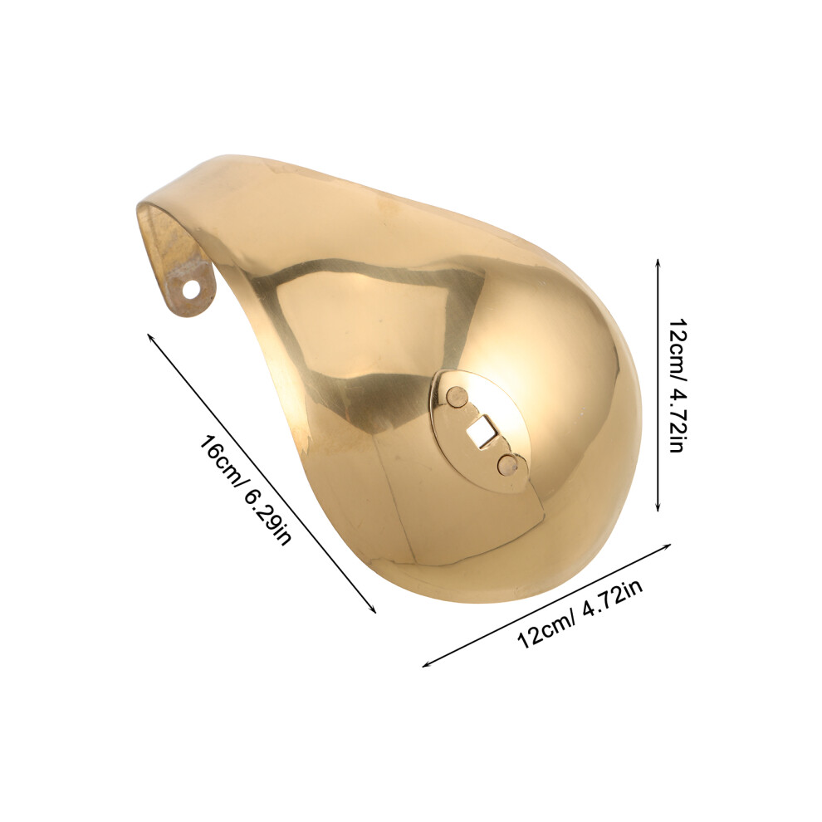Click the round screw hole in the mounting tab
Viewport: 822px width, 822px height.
pyautogui.click(x=193, y=290)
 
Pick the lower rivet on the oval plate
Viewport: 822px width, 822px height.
pyautogui.click(x=507, y=463)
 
